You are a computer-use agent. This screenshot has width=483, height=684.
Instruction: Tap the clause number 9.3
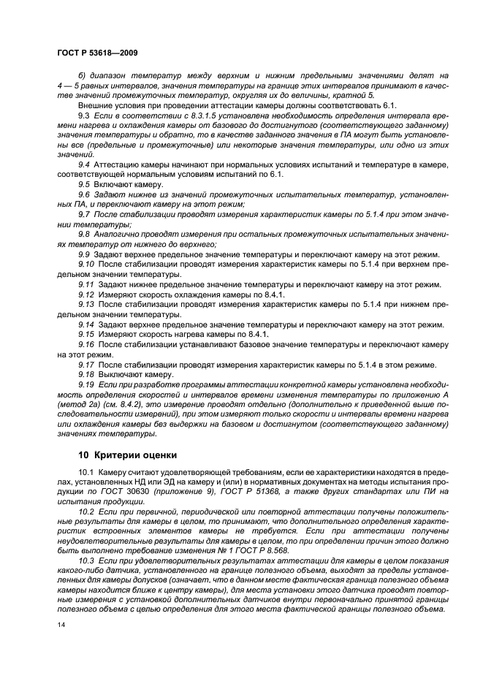coord(83,116)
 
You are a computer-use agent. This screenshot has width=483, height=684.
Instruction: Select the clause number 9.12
coord(86,294)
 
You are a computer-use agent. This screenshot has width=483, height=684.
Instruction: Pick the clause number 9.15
coord(86,334)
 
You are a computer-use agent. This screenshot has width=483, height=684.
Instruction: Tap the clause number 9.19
coord(86,384)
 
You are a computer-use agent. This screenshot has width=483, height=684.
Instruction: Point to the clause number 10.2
coord(86,514)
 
